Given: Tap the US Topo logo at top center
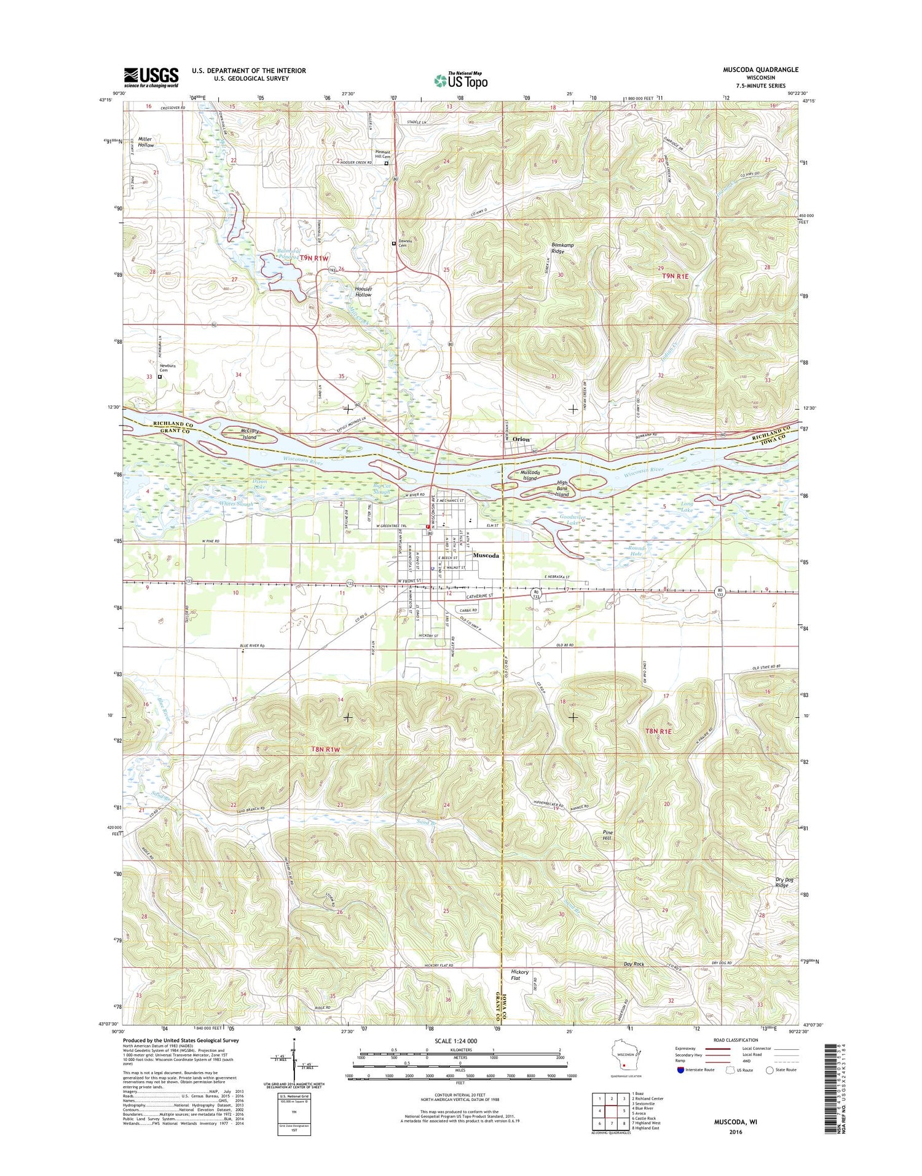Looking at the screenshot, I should (461, 81).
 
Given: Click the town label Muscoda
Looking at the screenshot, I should (486, 555).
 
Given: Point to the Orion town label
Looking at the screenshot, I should (521, 439).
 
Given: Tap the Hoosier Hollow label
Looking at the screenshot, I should (363, 292).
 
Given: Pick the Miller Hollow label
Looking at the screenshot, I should (146, 142).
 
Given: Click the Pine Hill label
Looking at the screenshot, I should (607, 835).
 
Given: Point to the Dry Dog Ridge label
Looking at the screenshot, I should (781, 882).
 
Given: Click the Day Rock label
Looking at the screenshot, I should (634, 964).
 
